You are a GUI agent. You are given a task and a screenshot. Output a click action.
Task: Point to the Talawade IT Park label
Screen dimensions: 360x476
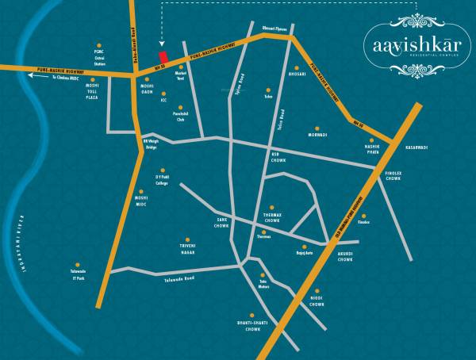77,275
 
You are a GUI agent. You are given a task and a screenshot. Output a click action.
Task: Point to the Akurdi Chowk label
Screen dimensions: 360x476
345,259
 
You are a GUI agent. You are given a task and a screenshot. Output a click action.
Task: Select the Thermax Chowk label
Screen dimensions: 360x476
272,217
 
